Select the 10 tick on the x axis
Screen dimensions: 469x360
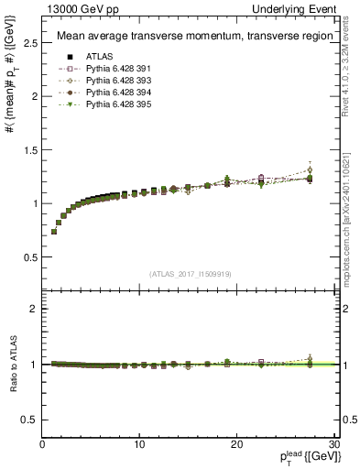[x=139, y=445]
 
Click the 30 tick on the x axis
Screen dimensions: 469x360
[x=333, y=445]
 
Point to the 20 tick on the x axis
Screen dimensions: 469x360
[x=236, y=445]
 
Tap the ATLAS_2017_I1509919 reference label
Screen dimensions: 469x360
[x=191, y=274]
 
